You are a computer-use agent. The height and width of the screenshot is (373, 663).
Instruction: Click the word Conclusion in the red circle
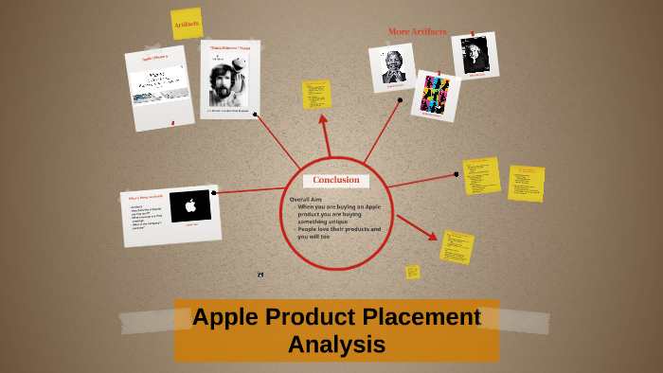(336, 180)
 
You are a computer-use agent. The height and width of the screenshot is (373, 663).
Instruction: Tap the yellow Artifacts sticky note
(187, 24)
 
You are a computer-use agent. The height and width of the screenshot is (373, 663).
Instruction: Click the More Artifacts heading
(417, 31)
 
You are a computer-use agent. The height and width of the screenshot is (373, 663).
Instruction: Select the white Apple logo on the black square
(190, 205)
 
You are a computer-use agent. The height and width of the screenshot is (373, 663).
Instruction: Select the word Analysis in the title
(336, 345)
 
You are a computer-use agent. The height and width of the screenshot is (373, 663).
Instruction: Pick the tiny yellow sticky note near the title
(412, 272)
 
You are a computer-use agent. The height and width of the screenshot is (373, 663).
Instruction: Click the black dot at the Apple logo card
(215, 193)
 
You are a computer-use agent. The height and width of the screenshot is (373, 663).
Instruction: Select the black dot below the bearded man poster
(253, 120)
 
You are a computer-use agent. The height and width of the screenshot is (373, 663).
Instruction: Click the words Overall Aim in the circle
(309, 199)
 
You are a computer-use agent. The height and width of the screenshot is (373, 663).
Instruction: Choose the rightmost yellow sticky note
(526, 184)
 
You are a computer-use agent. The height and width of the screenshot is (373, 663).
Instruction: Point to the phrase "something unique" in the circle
(322, 222)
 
